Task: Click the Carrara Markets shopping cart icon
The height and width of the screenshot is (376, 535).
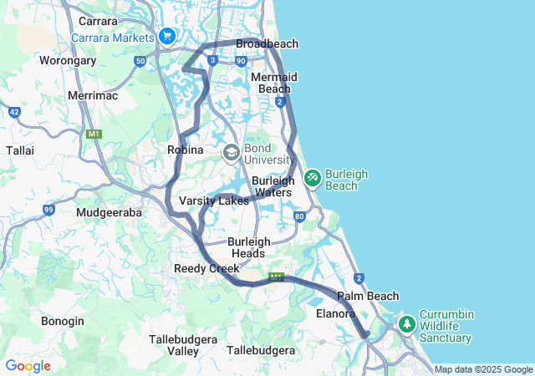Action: pos(166,37)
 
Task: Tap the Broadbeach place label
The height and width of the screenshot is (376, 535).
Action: pos(267,43)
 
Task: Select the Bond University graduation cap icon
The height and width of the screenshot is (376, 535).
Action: pos(232,153)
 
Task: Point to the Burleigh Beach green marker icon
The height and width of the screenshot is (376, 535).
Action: pos(312,177)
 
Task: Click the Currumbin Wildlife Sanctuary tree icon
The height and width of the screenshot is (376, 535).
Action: pos(407,323)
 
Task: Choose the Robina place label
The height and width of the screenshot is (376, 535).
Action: pos(186,150)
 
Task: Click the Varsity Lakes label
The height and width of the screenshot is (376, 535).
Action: pos(214,201)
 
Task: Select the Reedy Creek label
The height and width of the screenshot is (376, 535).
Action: pos(206,268)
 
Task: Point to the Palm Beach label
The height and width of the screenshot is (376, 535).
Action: pos(368,296)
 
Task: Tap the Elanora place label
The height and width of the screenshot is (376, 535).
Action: pos(336,314)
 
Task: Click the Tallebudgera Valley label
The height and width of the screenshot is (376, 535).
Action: pos(173,345)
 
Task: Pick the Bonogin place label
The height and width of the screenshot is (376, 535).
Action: pos(63,321)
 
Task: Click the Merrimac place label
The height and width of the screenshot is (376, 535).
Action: pos(93,96)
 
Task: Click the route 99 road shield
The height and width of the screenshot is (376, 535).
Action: pos(49,210)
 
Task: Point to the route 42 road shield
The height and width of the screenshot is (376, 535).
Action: pos(14,111)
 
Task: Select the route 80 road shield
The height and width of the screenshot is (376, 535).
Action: pos(299,217)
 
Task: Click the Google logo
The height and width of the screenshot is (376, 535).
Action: pos(28,366)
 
